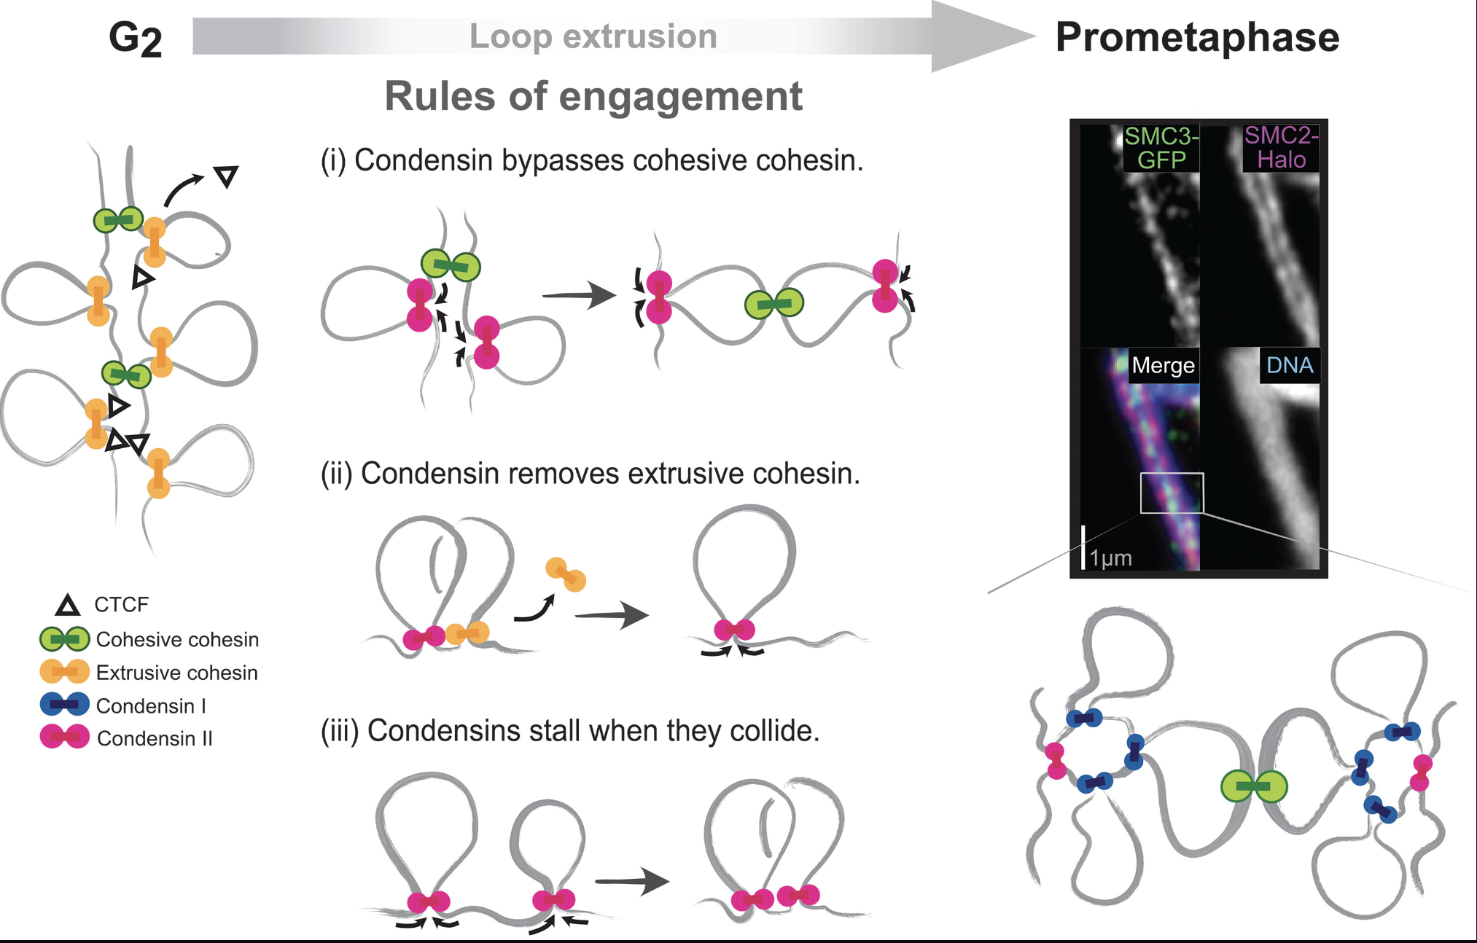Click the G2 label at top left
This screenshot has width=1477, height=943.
(135, 38)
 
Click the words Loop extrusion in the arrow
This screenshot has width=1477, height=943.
(593, 36)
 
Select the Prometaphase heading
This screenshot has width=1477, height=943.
(1197, 38)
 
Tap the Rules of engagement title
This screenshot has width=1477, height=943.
(593, 96)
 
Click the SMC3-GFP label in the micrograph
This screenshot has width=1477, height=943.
(1161, 148)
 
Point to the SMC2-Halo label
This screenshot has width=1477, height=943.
(1281, 148)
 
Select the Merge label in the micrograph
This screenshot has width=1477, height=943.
(1163, 365)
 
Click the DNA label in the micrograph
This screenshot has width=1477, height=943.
(1289, 365)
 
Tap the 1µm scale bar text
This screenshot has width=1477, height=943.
(1111, 558)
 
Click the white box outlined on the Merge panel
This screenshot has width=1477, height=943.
(1172, 493)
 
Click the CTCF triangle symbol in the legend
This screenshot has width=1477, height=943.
(68, 606)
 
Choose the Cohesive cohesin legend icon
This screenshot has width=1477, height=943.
(65, 639)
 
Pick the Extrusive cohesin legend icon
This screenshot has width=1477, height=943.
(65, 672)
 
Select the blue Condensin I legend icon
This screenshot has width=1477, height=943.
(65, 705)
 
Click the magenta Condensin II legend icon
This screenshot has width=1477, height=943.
(65, 737)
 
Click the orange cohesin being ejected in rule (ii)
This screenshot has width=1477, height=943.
(566, 574)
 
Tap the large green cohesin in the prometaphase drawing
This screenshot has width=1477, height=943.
(1254, 786)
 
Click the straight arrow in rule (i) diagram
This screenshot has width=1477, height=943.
(579, 295)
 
